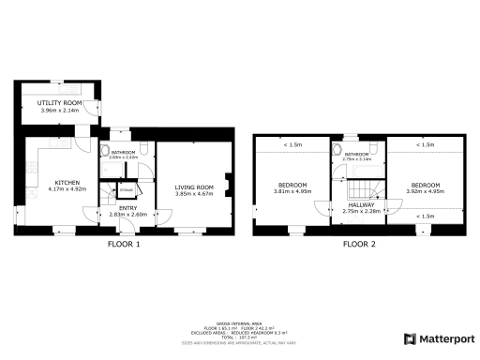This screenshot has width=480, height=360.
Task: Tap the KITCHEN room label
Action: (67, 182)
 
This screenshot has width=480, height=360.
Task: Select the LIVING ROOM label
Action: (195, 187)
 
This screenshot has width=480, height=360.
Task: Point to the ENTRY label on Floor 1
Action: (127, 208)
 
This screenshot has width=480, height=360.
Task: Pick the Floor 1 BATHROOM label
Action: (124, 152)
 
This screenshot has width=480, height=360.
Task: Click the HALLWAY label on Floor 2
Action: (360, 204)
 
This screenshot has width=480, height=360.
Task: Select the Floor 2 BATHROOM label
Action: (357, 154)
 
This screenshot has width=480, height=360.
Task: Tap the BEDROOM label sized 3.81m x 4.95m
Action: (292, 185)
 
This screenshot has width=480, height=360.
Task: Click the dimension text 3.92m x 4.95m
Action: (424, 191)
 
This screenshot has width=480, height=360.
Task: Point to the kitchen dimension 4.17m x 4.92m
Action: (67, 188)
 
